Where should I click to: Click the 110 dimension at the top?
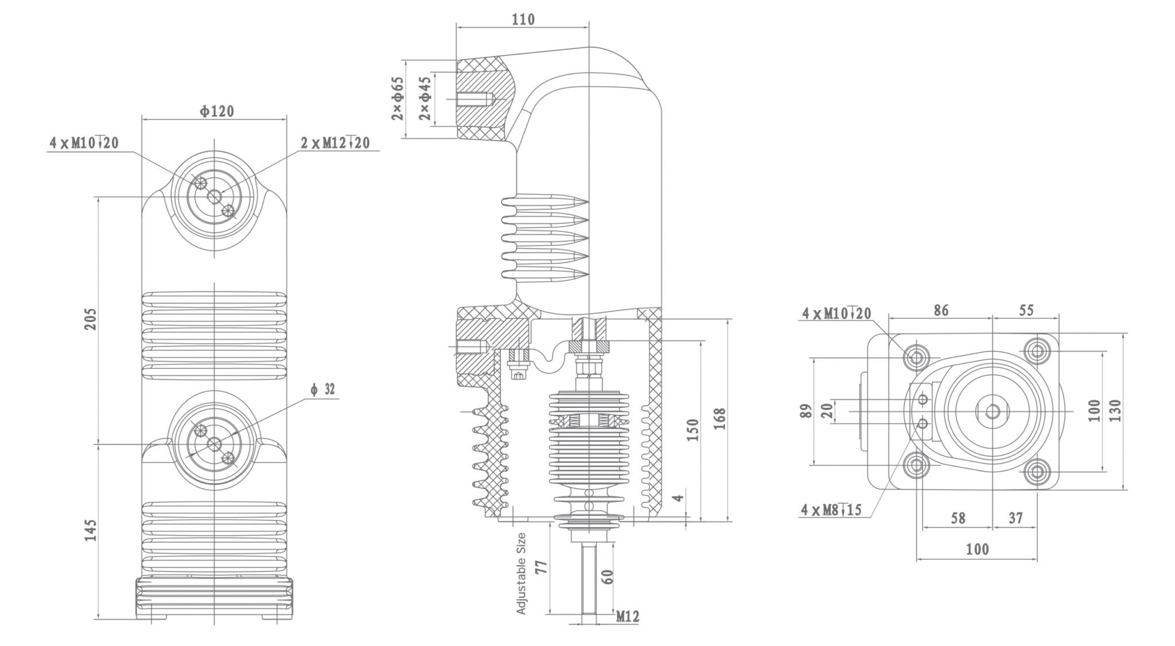coord(523,20)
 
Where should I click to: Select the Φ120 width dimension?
coord(217,111)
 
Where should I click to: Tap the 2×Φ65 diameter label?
coord(398,98)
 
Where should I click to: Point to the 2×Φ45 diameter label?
coord(425,98)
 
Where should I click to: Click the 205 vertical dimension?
coord(91,319)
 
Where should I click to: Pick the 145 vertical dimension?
coord(91,530)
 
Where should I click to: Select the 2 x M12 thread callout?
coord(336,142)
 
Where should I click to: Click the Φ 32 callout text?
coord(323,390)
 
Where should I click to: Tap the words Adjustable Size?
coord(521,573)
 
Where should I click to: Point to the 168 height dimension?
coord(720,419)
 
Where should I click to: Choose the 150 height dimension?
coord(692,430)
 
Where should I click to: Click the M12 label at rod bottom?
coord(627,617)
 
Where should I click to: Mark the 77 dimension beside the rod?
coord(541,567)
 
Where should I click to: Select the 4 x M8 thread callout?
coord(831,509)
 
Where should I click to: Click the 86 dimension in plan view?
coord(941,310)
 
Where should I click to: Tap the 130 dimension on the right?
coord(1115,411)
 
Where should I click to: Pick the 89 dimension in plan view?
coord(807,411)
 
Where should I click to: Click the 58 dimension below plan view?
coord(958,518)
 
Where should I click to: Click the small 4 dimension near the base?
coord(678,497)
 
